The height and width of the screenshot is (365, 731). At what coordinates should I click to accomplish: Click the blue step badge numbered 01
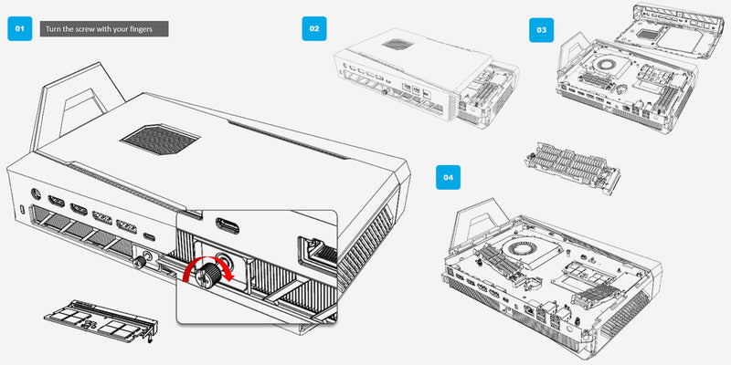click(20, 28)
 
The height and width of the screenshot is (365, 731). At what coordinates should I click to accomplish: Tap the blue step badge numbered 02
click(313, 28)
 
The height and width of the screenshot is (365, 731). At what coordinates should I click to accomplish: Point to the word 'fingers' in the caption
click(150, 30)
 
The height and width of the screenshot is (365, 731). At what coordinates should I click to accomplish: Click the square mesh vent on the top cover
click(159, 140)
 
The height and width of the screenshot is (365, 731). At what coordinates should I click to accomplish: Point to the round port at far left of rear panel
click(35, 194)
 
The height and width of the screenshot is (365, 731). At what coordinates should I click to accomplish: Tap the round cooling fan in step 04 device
click(517, 251)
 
